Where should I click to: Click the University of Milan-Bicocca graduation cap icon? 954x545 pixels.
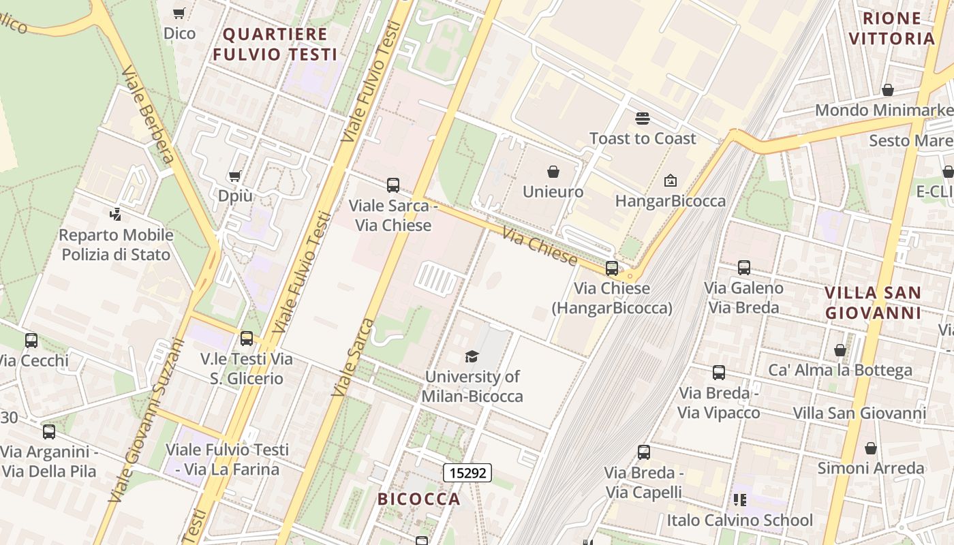[472, 356]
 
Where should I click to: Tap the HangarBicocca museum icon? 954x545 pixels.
[671, 181]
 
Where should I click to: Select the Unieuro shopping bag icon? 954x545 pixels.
[553, 172]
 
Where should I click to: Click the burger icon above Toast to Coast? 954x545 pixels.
[642, 119]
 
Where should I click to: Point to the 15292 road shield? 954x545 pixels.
[467, 472]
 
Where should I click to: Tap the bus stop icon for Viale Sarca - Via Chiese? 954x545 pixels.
[393, 185]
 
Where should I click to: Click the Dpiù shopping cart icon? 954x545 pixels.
[235, 176]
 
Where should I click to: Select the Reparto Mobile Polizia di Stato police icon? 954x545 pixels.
[116, 215]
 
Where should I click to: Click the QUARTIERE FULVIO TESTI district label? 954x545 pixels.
[275, 44]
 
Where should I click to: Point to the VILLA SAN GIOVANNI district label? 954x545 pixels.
[873, 302]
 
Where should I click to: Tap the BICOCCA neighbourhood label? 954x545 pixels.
[419, 499]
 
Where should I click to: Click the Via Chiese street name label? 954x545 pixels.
[540, 247]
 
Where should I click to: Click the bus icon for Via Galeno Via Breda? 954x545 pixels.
[744, 268]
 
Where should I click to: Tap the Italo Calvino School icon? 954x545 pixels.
[740, 500]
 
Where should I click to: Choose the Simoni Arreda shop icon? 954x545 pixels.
[871, 448]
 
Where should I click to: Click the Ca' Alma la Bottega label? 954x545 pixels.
[840, 370]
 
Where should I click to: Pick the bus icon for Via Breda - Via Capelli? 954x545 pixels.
[644, 452]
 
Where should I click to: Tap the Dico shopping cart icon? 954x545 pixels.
[179, 13]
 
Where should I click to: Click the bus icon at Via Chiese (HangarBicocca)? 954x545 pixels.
[612, 268]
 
